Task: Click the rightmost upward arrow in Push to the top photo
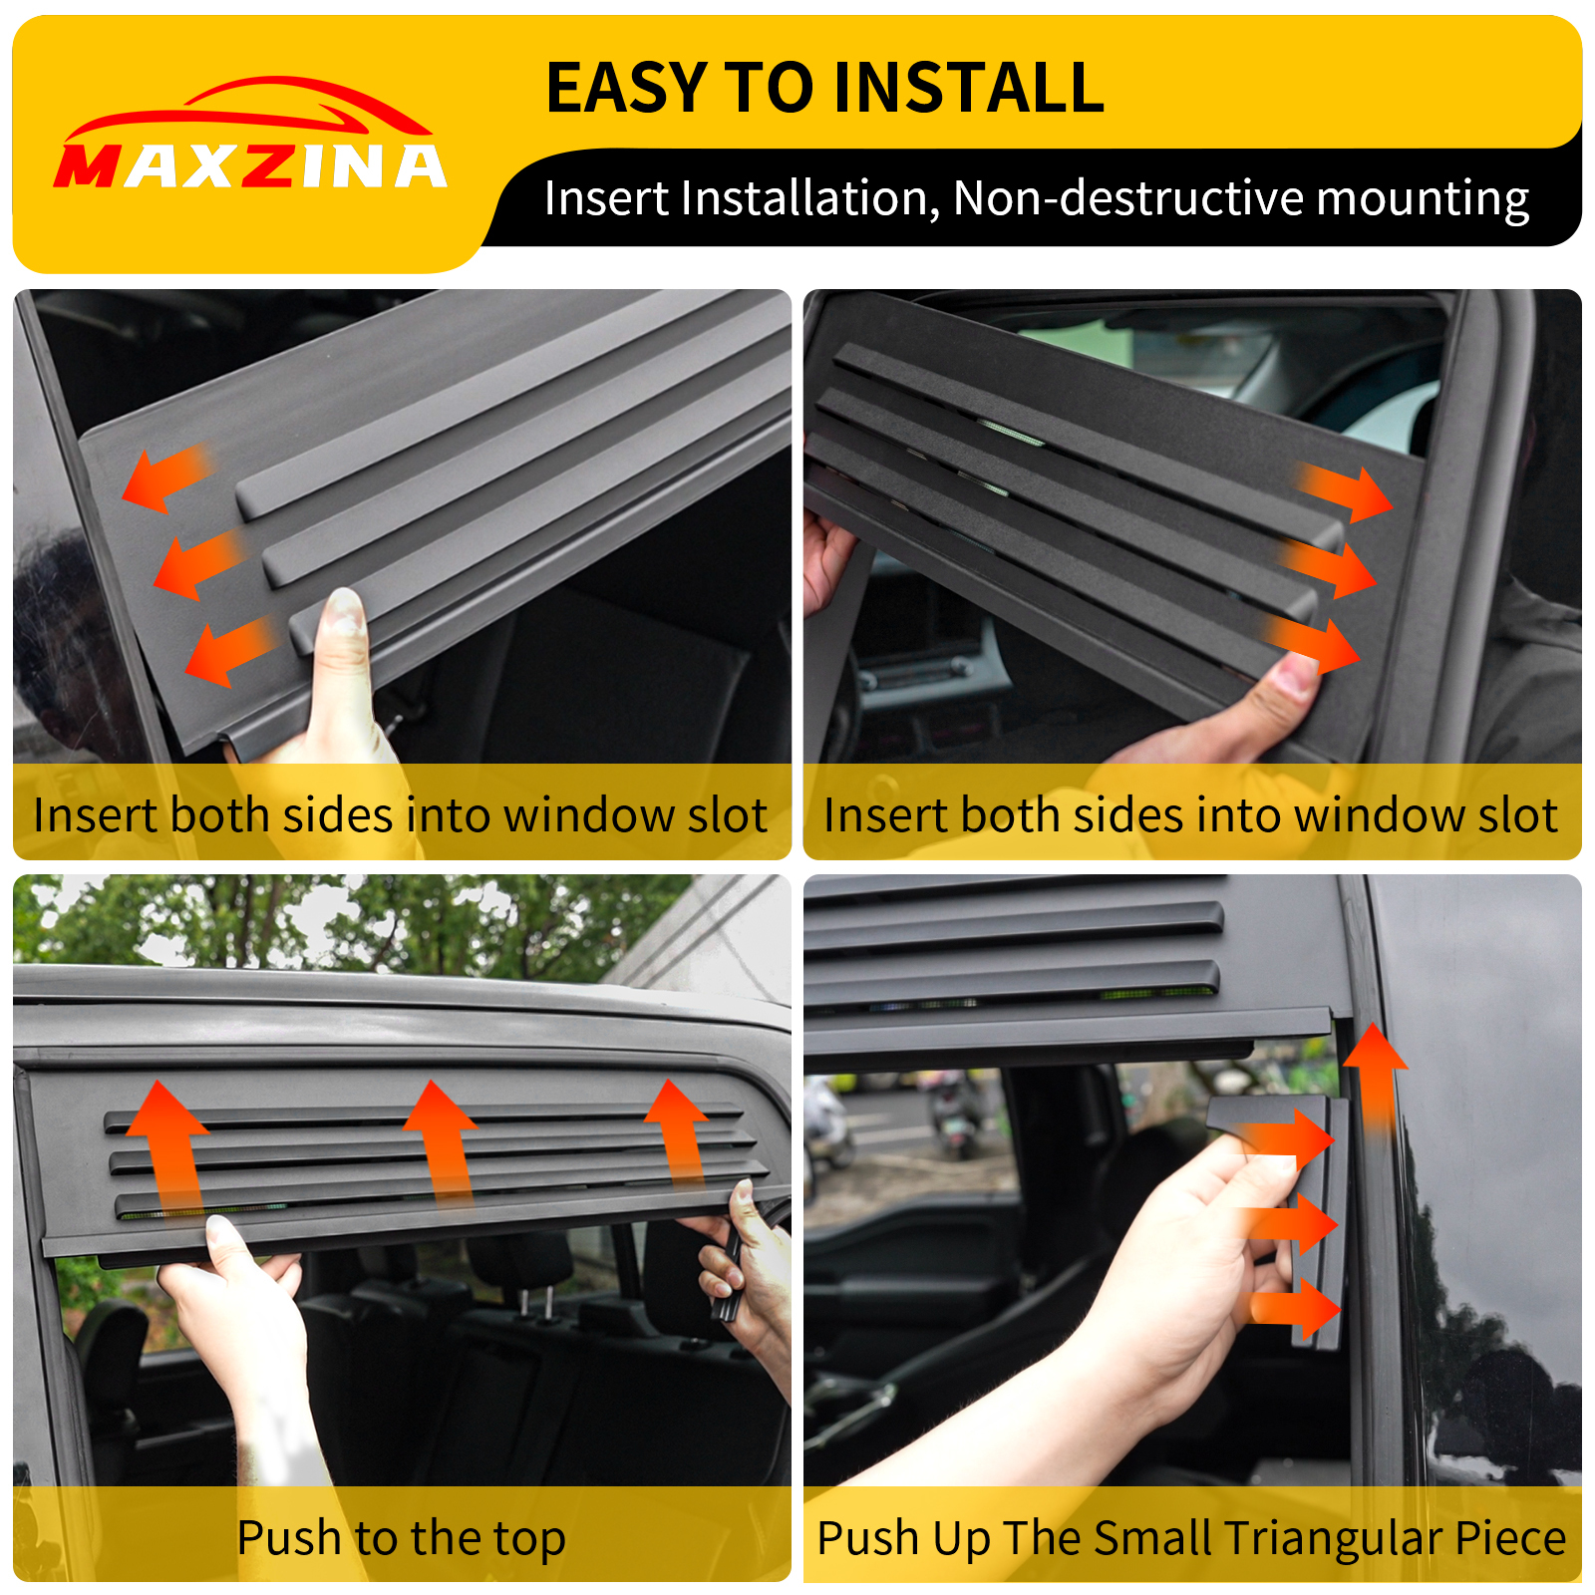[x=678, y=1131]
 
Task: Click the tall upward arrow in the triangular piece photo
[x=1376, y=1077]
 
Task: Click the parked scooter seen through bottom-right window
[x=952, y=1116]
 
